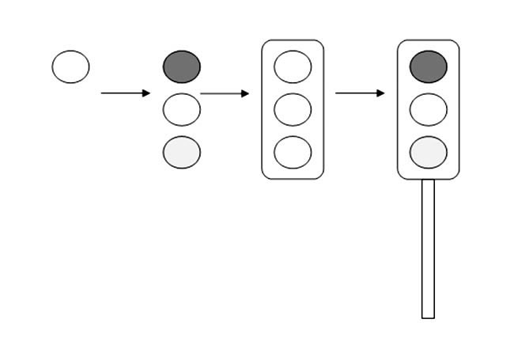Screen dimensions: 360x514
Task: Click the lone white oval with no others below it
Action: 70,66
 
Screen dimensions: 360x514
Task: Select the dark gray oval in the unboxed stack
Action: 181,66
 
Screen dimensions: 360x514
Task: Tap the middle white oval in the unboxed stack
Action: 181,109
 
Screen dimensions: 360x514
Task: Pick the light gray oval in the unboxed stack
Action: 181,152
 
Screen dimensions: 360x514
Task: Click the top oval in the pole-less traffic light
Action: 293,66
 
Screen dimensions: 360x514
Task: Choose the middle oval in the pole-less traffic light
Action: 293,109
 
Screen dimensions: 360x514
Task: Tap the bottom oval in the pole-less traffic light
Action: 293,152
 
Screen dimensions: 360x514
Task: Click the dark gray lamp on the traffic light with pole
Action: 428,66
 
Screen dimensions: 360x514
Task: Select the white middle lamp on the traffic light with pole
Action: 428,109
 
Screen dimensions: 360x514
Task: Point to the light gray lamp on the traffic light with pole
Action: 428,152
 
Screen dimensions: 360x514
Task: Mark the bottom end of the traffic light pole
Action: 428,316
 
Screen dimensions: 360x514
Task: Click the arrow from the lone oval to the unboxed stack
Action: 125,93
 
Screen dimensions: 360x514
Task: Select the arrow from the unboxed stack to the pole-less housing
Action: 225,93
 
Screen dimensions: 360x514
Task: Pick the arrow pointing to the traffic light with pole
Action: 360,93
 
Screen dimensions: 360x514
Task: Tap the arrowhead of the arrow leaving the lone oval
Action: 146,93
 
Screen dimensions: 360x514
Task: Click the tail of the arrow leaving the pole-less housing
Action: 337,93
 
